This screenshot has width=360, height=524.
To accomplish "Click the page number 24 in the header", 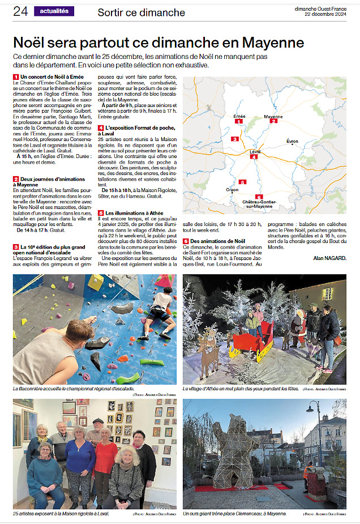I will (x=21, y=11).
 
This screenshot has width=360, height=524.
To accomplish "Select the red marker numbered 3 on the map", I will (x=234, y=139).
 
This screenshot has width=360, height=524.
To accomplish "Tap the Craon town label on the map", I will (x=232, y=189).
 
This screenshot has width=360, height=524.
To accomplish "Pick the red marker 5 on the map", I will (x=242, y=182).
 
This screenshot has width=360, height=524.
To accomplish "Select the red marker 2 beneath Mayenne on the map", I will (x=273, y=121).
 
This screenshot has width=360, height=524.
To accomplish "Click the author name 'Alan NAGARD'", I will (x=329, y=258).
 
